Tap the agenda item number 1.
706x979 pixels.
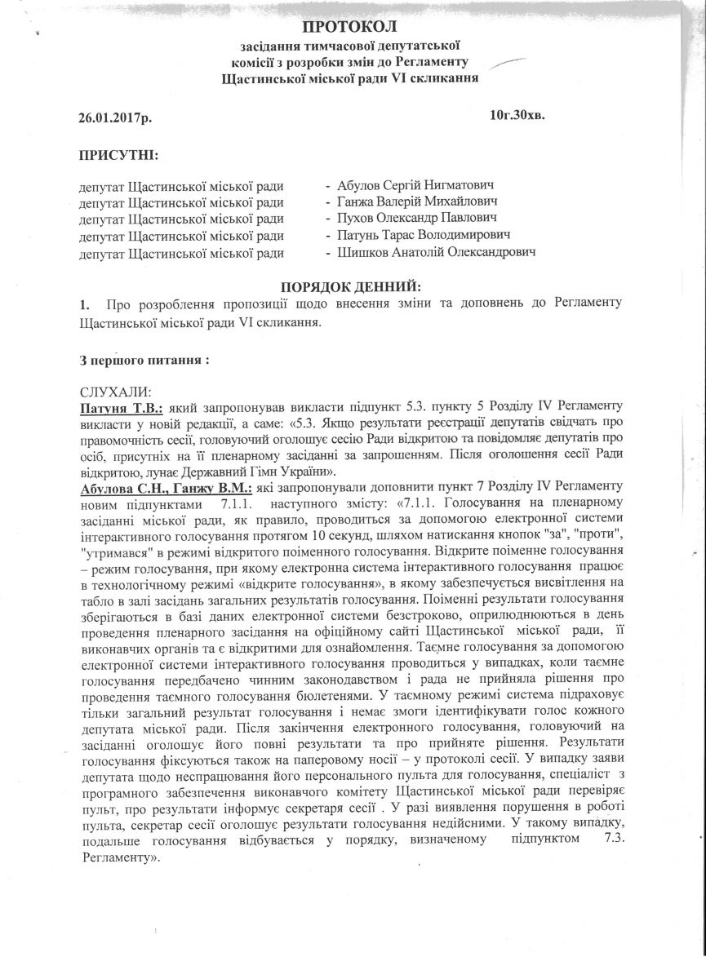click(x=84, y=304)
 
